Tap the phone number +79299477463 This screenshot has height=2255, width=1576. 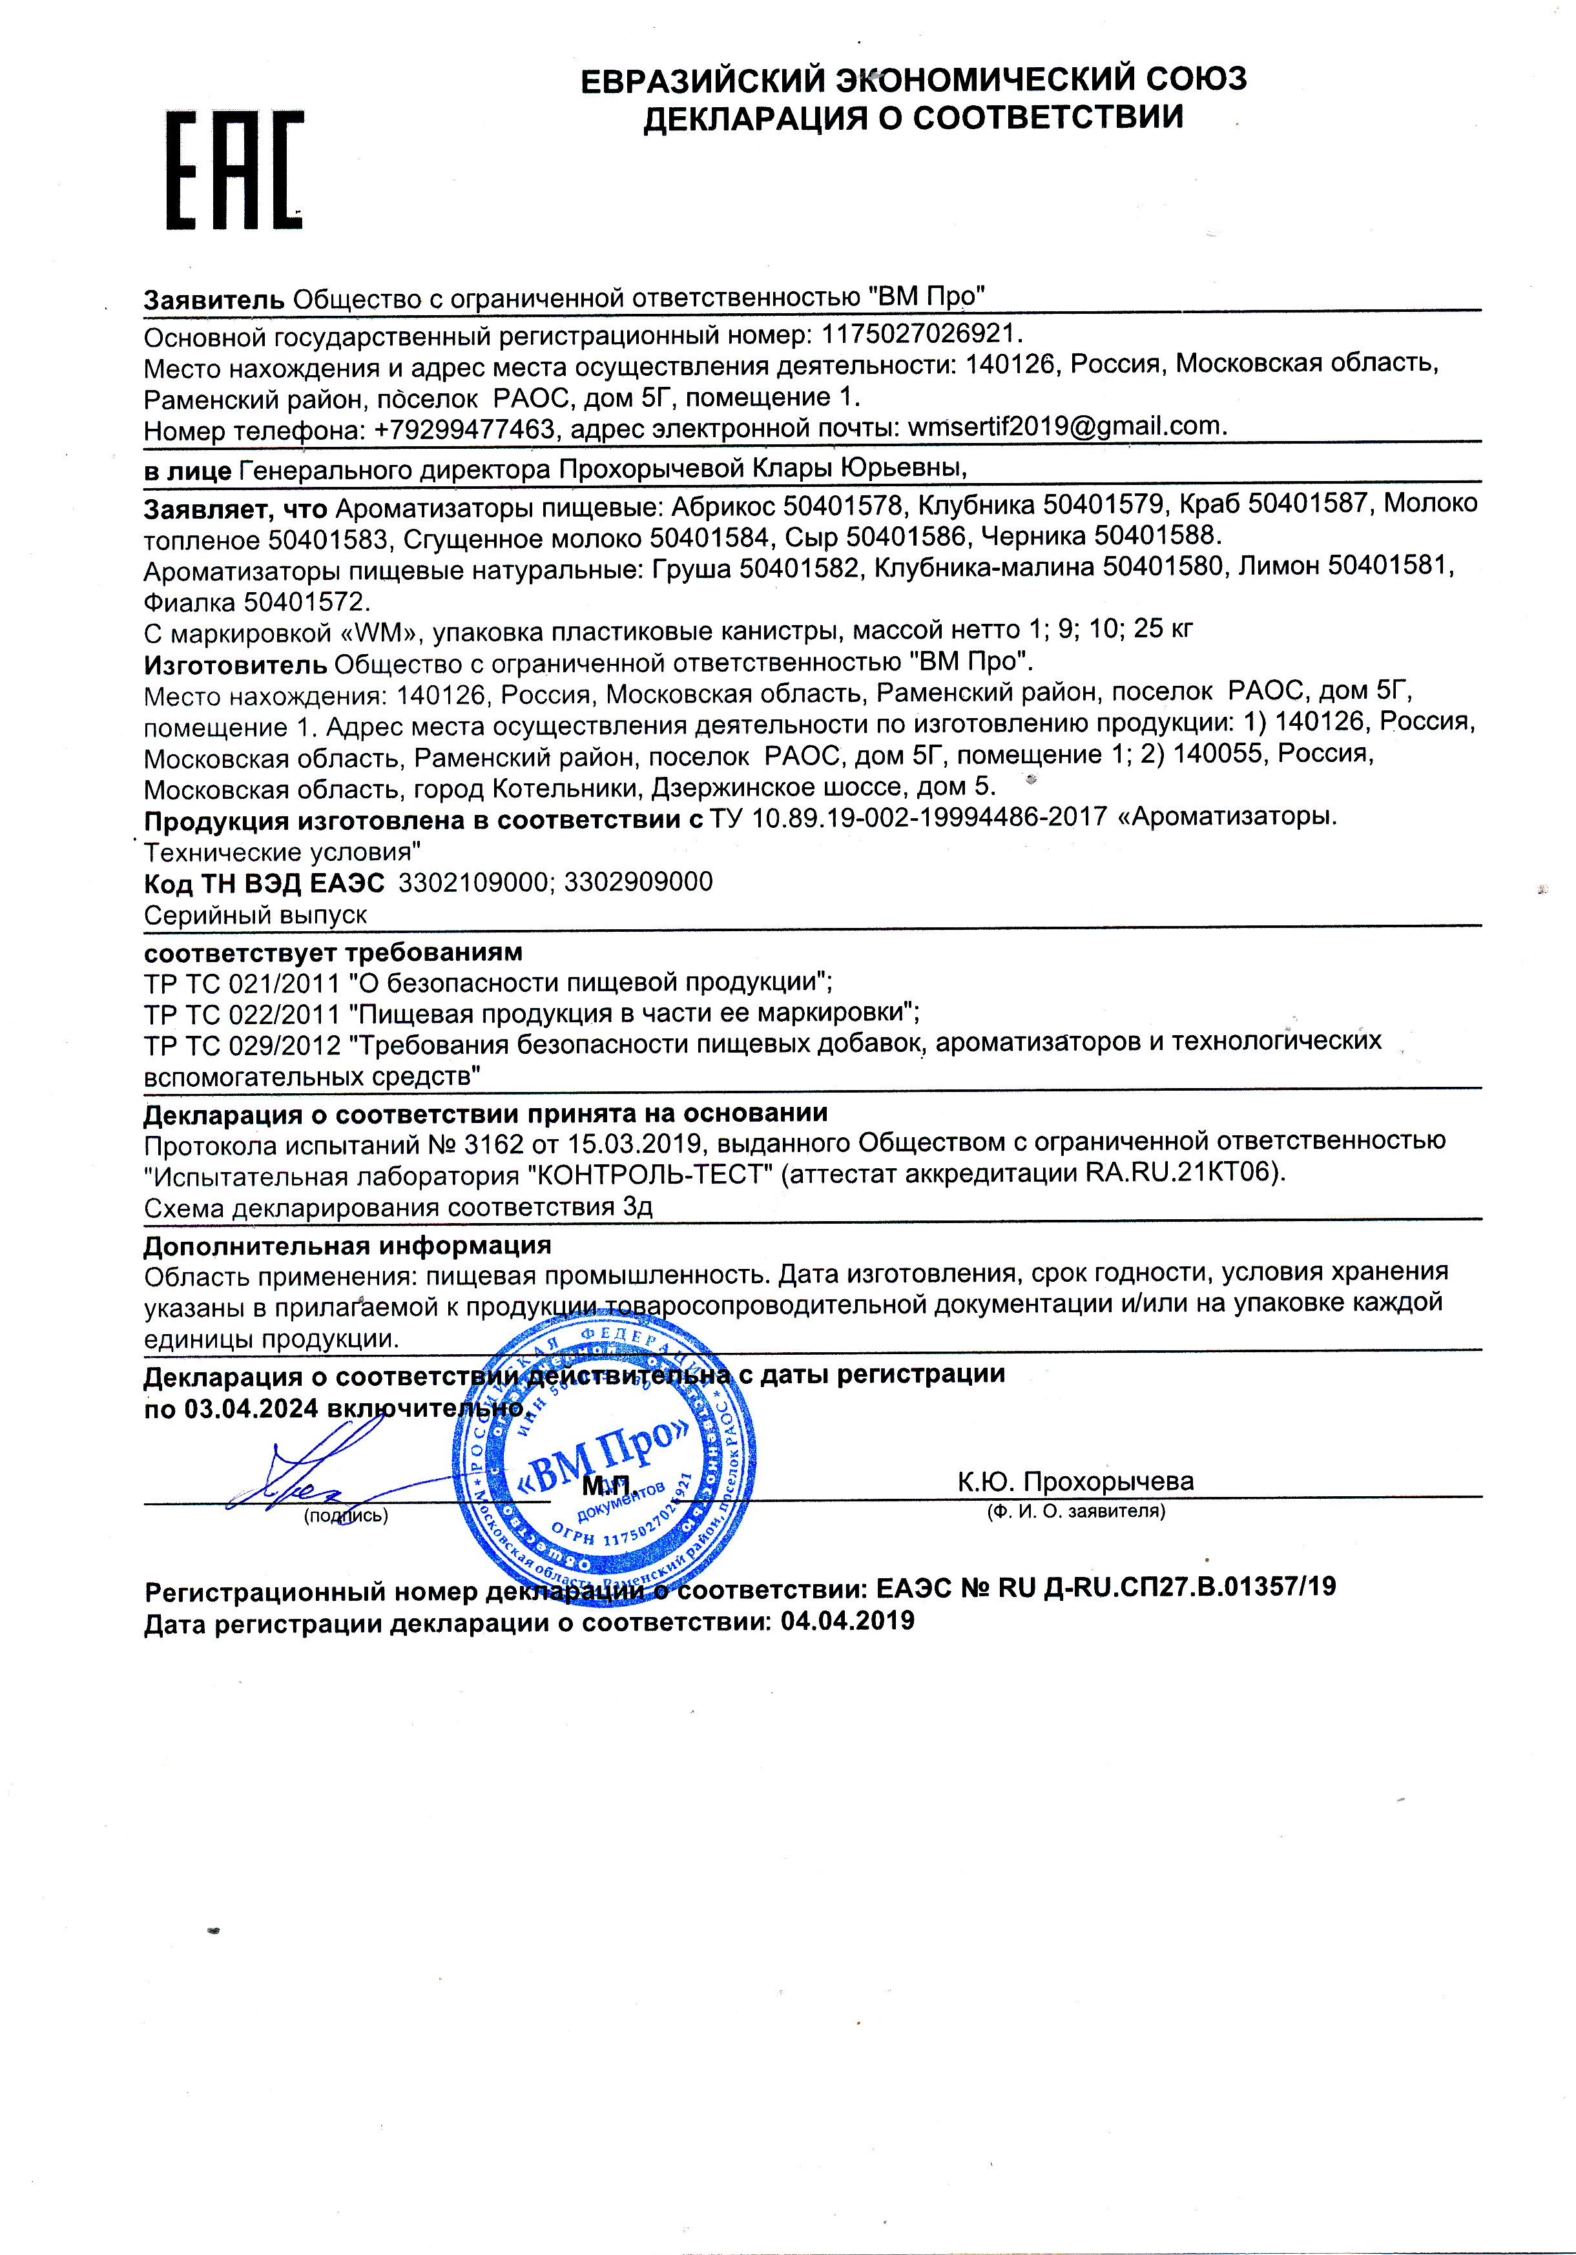pos(464,430)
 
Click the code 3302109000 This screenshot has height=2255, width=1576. pos(473,882)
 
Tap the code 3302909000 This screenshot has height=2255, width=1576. pos(639,882)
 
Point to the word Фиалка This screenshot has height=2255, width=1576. pos(190,601)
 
